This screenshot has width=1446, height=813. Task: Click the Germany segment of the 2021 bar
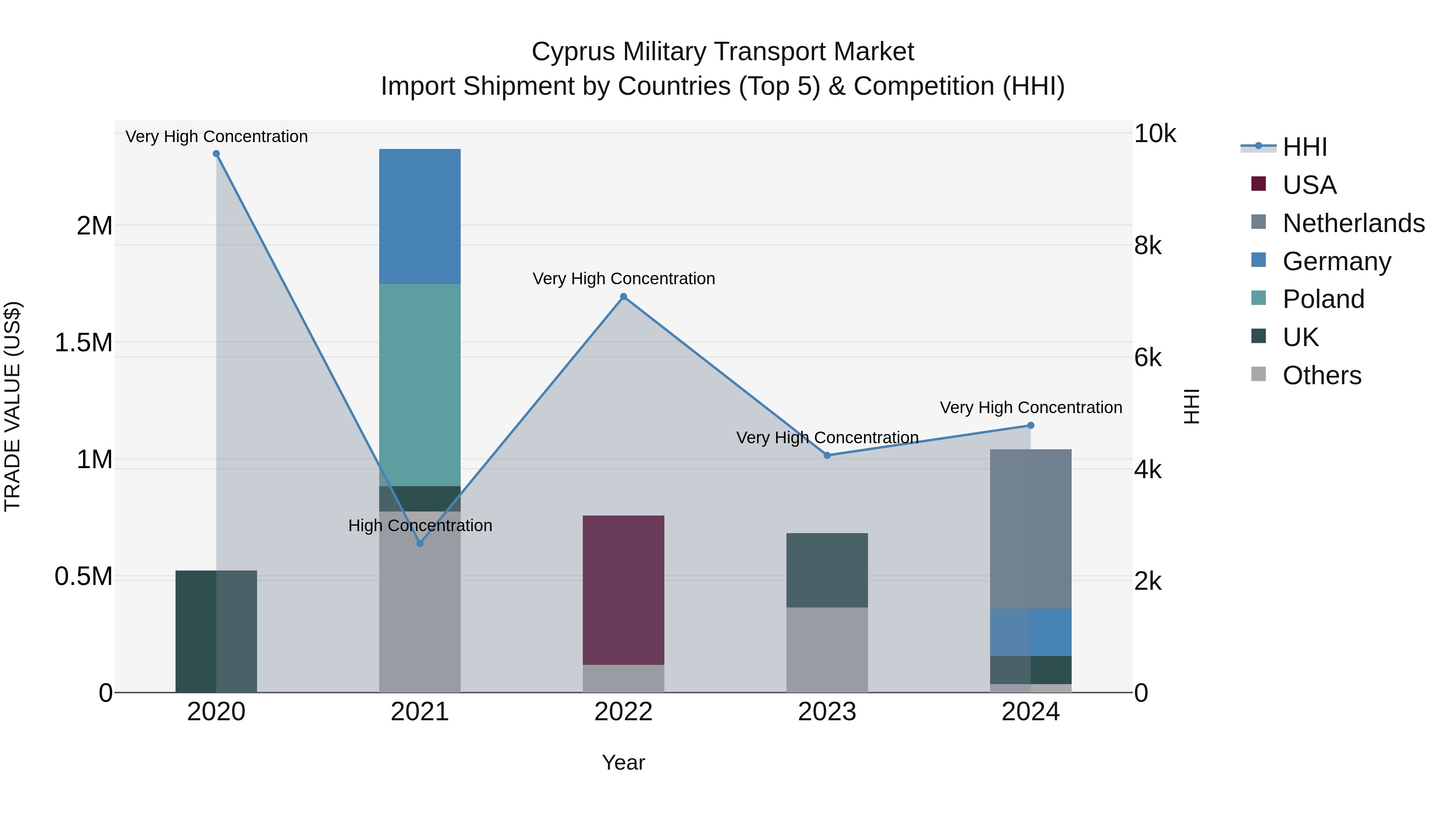click(419, 216)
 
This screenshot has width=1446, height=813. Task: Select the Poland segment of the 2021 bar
click(419, 384)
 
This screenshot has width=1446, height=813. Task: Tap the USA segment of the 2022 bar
click(623, 589)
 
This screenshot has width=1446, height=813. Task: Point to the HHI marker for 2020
click(216, 154)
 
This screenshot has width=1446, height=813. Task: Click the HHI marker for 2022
click(623, 297)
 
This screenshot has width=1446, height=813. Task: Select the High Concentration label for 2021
click(420, 526)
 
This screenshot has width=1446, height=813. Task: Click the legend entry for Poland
click(1323, 299)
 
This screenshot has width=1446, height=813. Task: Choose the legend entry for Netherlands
click(1353, 223)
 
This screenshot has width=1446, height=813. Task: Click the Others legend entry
click(1321, 375)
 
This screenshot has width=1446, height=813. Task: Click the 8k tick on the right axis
click(1148, 246)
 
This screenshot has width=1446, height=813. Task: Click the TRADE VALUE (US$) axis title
click(13, 406)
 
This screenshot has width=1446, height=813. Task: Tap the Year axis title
click(623, 762)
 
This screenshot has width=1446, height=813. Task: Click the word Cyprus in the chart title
click(572, 52)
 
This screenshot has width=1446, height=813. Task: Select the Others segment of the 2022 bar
click(623, 679)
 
